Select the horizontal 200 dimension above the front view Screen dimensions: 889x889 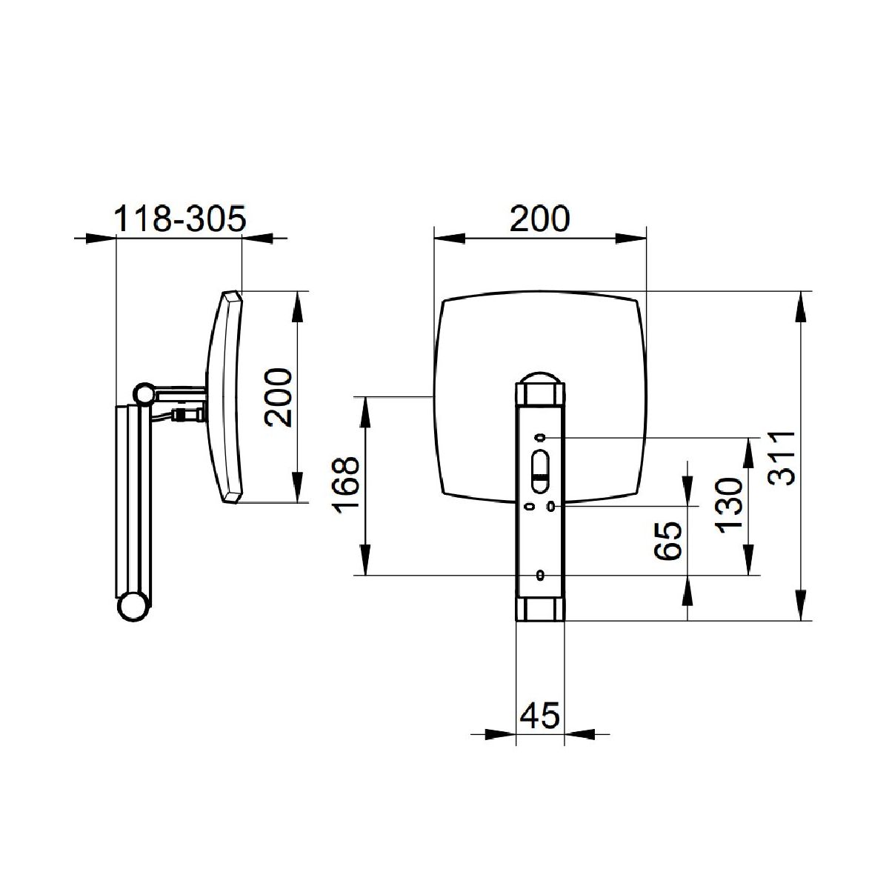click(540, 219)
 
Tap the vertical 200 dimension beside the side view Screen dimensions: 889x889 click(279, 397)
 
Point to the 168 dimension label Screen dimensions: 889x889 click(345, 485)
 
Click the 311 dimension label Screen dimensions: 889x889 click(782, 458)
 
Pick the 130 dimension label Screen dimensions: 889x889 click(729, 506)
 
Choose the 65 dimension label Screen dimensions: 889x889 click(668, 541)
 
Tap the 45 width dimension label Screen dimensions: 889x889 click(540, 716)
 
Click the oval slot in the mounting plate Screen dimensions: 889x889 click(539, 472)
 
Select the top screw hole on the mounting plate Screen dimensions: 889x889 click(540, 437)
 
